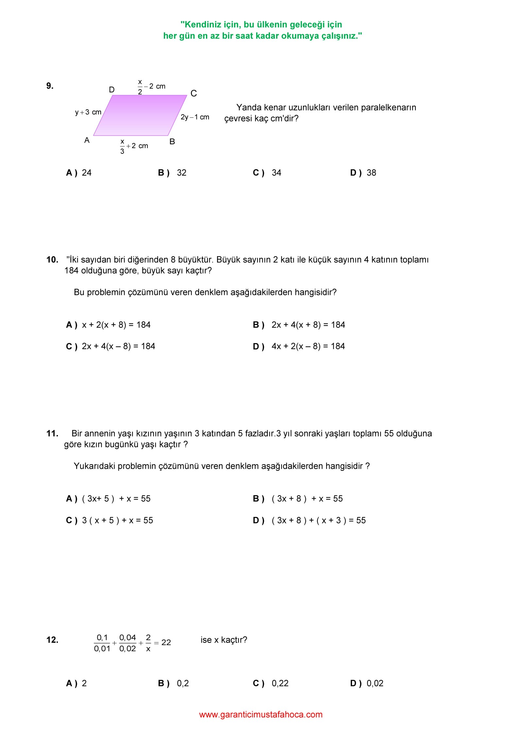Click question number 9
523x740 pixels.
50,86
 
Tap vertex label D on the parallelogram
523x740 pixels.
112,90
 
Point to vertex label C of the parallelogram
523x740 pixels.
194,94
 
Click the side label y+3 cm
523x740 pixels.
88,112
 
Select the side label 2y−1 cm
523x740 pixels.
195,117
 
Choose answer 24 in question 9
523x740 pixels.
86,173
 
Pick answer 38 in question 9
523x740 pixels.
371,173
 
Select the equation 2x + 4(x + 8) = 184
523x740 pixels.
308,325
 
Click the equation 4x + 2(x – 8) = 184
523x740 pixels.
308,346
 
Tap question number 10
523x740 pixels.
52,260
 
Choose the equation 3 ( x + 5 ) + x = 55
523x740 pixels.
117,520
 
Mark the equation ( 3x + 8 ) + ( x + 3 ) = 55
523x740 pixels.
318,520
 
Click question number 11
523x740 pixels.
52,433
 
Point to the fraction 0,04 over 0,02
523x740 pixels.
127,643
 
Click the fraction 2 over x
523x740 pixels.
148,643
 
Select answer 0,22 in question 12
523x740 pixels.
280,683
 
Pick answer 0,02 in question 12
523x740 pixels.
375,683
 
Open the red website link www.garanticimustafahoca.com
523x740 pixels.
261,714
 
